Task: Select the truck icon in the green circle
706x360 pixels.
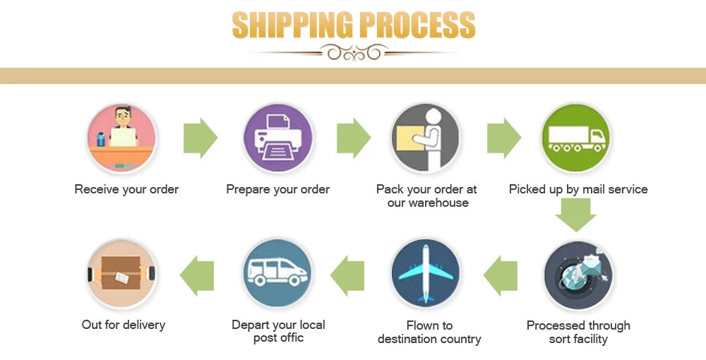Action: (x=576, y=138)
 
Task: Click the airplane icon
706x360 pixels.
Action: (x=426, y=273)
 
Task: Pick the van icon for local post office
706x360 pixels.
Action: (x=277, y=273)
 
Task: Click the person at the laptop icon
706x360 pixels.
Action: (x=123, y=138)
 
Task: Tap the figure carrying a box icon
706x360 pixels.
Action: (x=426, y=138)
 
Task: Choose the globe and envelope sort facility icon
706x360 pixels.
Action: (x=578, y=275)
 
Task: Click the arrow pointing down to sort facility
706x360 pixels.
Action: (x=576, y=214)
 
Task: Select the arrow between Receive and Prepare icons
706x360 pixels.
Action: (x=201, y=138)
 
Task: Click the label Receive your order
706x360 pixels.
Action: (x=126, y=189)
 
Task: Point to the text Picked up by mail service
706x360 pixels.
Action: (x=578, y=189)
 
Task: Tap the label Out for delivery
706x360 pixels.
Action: (x=124, y=325)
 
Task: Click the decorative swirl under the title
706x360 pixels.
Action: (x=353, y=52)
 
